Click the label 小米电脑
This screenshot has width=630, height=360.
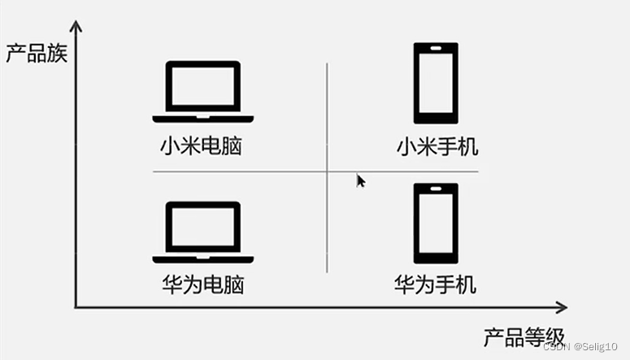[202, 147]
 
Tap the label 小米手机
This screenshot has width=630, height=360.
[437, 147]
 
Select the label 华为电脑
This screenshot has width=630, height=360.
[203, 284]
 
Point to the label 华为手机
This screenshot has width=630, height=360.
[436, 284]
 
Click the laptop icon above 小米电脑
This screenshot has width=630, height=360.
[203, 91]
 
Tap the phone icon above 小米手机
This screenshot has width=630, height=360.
[436, 83]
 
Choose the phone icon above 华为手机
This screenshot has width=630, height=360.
[436, 223]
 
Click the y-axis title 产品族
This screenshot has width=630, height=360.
[36, 54]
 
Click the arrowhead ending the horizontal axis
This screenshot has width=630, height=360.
[560, 307]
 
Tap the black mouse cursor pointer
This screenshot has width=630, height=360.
[360, 180]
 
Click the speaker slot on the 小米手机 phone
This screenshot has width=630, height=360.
[436, 50]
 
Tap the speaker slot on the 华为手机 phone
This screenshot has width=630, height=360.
[436, 190]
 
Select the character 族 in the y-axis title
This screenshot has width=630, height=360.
[56, 54]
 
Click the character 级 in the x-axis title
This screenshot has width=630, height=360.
[547, 336]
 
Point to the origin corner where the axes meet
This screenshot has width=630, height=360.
[76, 307]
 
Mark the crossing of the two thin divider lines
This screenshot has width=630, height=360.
[327, 171]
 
